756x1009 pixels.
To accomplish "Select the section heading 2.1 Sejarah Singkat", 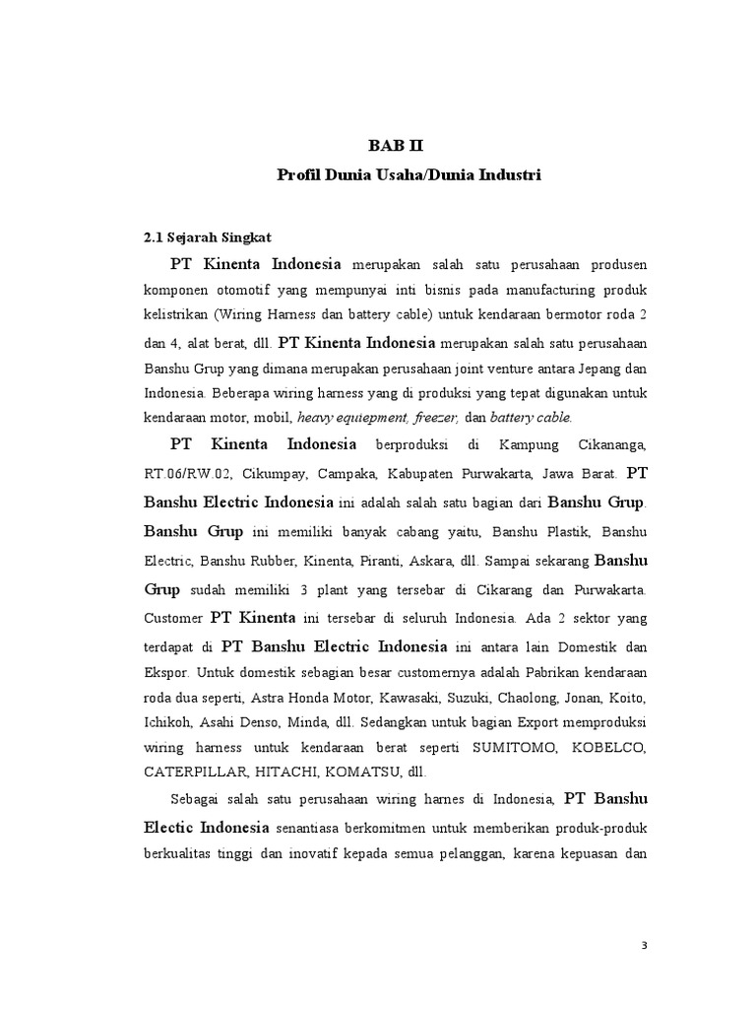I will tap(207, 237).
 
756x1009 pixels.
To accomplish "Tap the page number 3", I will tap(645, 946).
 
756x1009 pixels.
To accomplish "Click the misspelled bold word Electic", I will tap(174, 823).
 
